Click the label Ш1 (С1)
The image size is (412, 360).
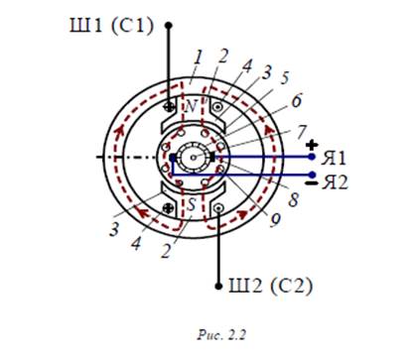tap(112, 25)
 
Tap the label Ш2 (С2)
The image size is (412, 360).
tap(270, 286)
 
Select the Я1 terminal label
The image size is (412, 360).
tap(334, 158)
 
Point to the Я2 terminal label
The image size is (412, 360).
tap(335, 181)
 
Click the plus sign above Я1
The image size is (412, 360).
tap(312, 145)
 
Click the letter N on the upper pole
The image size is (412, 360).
tap(191, 106)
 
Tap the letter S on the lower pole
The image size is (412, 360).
tap(192, 204)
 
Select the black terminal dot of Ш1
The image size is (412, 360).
tap(169, 25)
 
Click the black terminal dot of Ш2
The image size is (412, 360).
tap(218, 286)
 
